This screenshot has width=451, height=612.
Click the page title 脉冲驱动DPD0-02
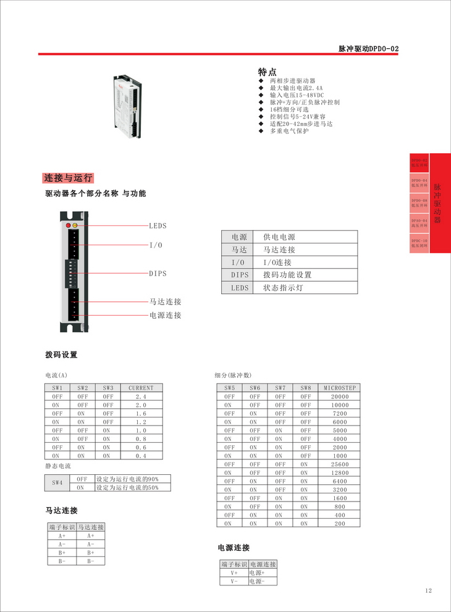[x=369, y=48]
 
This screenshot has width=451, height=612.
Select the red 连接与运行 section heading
[x=68, y=178]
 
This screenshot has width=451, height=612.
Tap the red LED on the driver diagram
[x=68, y=226]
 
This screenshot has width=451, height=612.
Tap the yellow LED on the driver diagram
[x=75, y=226]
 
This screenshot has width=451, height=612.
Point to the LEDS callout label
[x=158, y=226]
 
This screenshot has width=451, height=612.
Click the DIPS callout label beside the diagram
[x=158, y=274]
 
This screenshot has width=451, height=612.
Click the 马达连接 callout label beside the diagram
[x=166, y=302]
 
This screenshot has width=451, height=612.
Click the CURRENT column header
[x=141, y=388]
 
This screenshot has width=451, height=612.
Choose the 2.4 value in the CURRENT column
[x=141, y=396]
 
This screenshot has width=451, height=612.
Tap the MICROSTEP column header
[x=340, y=388]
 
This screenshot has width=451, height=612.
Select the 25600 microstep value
[x=340, y=464]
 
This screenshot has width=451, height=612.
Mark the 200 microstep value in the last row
[x=340, y=524]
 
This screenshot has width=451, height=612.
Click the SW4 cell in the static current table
[x=57, y=483]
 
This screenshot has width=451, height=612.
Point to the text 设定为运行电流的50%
[x=127, y=487]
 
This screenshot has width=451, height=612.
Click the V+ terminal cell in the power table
[x=234, y=572]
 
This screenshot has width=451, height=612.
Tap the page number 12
[x=429, y=591]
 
